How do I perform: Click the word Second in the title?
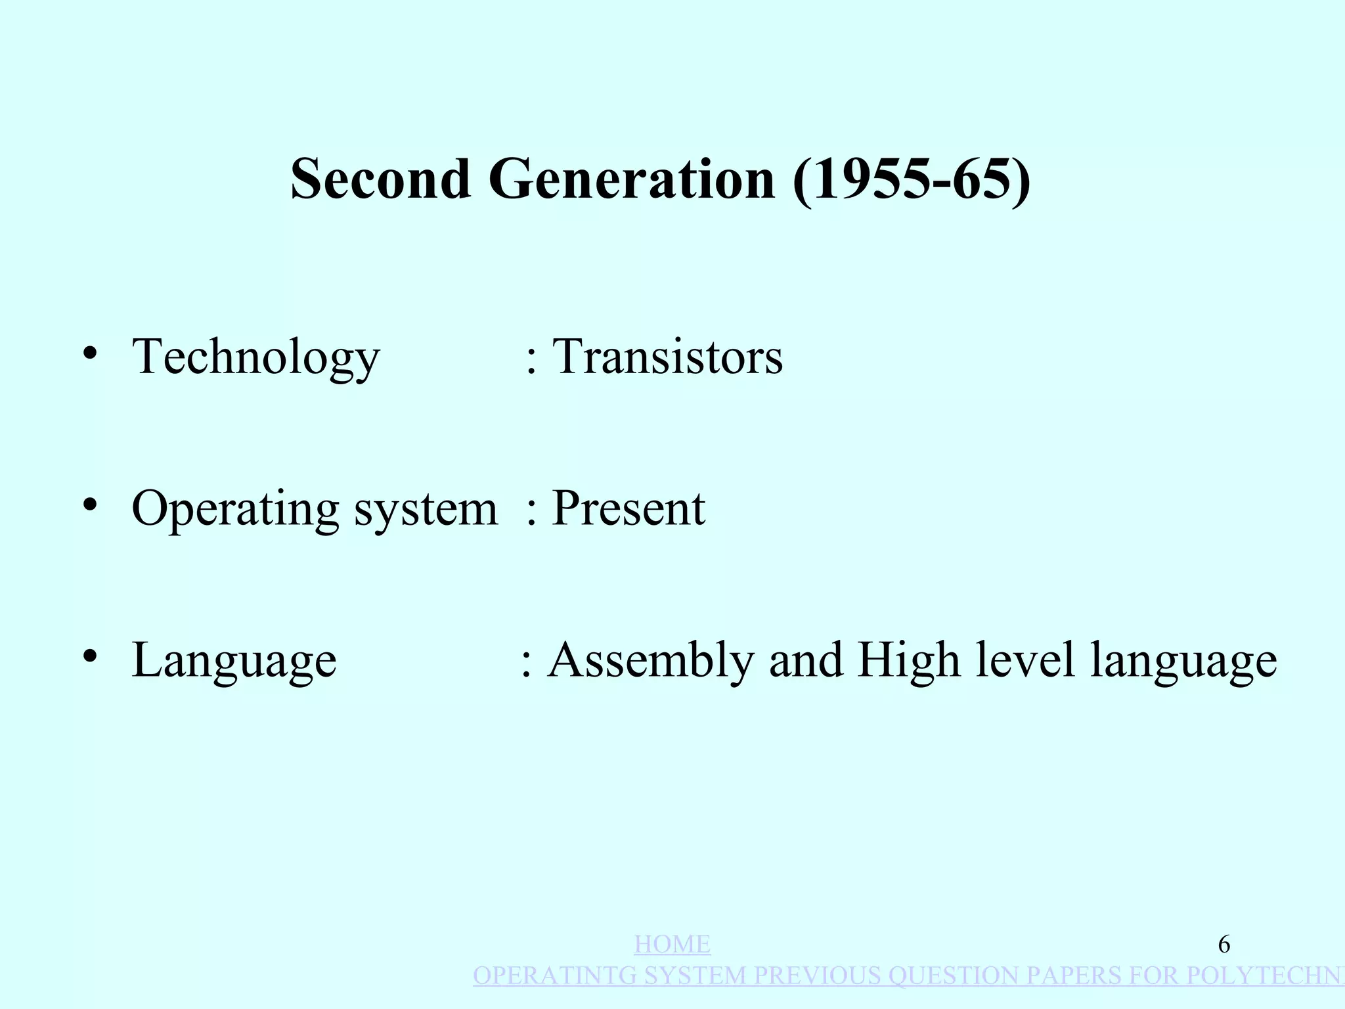380,179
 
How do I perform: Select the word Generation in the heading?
631,179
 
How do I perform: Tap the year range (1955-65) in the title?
912,179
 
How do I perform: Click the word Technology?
256,357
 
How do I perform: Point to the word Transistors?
667,357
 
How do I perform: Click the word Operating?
235,508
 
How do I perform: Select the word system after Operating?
426,508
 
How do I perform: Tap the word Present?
628,508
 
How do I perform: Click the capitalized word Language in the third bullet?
234,660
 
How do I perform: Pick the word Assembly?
651,660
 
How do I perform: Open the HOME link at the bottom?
672,945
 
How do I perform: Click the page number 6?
1224,945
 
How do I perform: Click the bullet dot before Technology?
91,353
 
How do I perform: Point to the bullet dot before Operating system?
91,504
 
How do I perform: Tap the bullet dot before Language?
91,656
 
